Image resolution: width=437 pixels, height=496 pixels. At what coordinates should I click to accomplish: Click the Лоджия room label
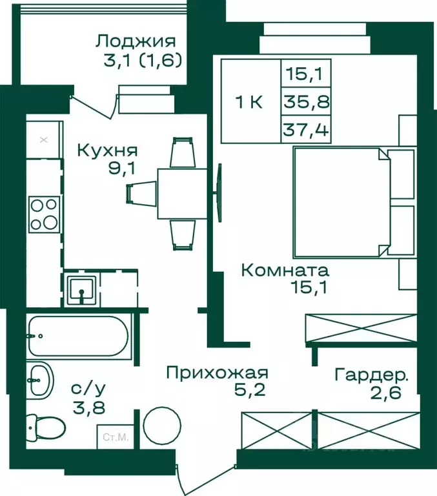pos(135,42)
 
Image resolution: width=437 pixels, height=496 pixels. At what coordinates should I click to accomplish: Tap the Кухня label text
pos(107,150)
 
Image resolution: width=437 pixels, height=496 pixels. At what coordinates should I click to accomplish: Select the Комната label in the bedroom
pos(285,270)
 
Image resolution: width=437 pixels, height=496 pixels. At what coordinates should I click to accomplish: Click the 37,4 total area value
pos(306,131)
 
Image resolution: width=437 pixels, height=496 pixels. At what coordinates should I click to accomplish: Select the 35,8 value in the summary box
pos(306,101)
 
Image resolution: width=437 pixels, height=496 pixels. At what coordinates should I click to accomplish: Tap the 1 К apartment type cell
pos(249,101)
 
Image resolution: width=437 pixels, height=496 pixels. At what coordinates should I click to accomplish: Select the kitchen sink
pos(82,287)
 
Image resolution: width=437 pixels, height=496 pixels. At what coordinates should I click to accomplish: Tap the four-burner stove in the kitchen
pos(44,214)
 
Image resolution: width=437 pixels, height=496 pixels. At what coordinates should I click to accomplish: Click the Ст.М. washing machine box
pos(115,437)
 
